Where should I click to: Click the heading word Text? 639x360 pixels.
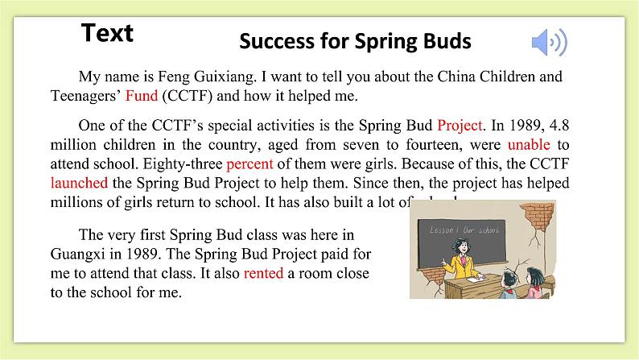pos(107,33)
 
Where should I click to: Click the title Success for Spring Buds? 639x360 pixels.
pos(355,42)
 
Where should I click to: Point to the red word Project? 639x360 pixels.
pos(460,126)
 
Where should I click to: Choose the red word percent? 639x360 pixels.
pos(249,166)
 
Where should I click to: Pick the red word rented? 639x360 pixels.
pos(263,273)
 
